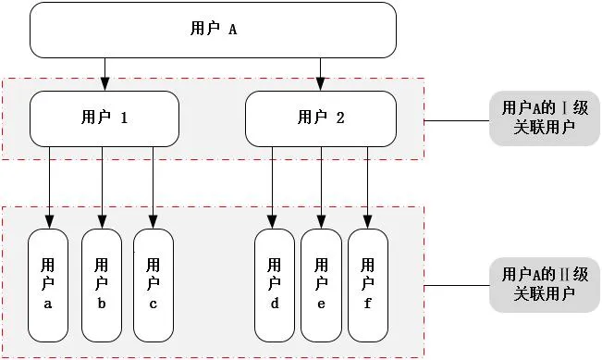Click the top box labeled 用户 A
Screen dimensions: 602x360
[213, 30]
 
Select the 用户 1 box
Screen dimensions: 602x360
[104, 118]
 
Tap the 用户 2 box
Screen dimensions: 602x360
[321, 118]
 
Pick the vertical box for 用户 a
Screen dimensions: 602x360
[48, 285]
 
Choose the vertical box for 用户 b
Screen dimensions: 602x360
[102, 285]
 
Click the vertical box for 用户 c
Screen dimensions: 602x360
[154, 285]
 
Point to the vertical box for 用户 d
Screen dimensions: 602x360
[275, 285]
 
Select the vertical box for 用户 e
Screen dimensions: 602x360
[321, 285]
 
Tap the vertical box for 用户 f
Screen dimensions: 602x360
[368, 285]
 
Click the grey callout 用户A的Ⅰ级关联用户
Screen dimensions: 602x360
[545, 118]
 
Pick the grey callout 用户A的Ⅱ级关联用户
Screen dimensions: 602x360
[545, 285]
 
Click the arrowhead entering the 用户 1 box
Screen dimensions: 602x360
[104, 84]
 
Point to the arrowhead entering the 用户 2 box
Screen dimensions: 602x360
[321, 84]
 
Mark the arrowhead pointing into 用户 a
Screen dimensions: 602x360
[49, 222]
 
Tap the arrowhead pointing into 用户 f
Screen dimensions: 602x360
[367, 222]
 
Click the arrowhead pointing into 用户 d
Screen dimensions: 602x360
[272, 222]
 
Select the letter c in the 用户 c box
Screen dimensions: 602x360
[154, 304]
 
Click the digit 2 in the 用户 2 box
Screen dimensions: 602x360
[340, 118]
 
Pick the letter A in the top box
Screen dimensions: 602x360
[233, 30]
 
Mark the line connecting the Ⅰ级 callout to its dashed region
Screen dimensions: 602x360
[457, 120]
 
